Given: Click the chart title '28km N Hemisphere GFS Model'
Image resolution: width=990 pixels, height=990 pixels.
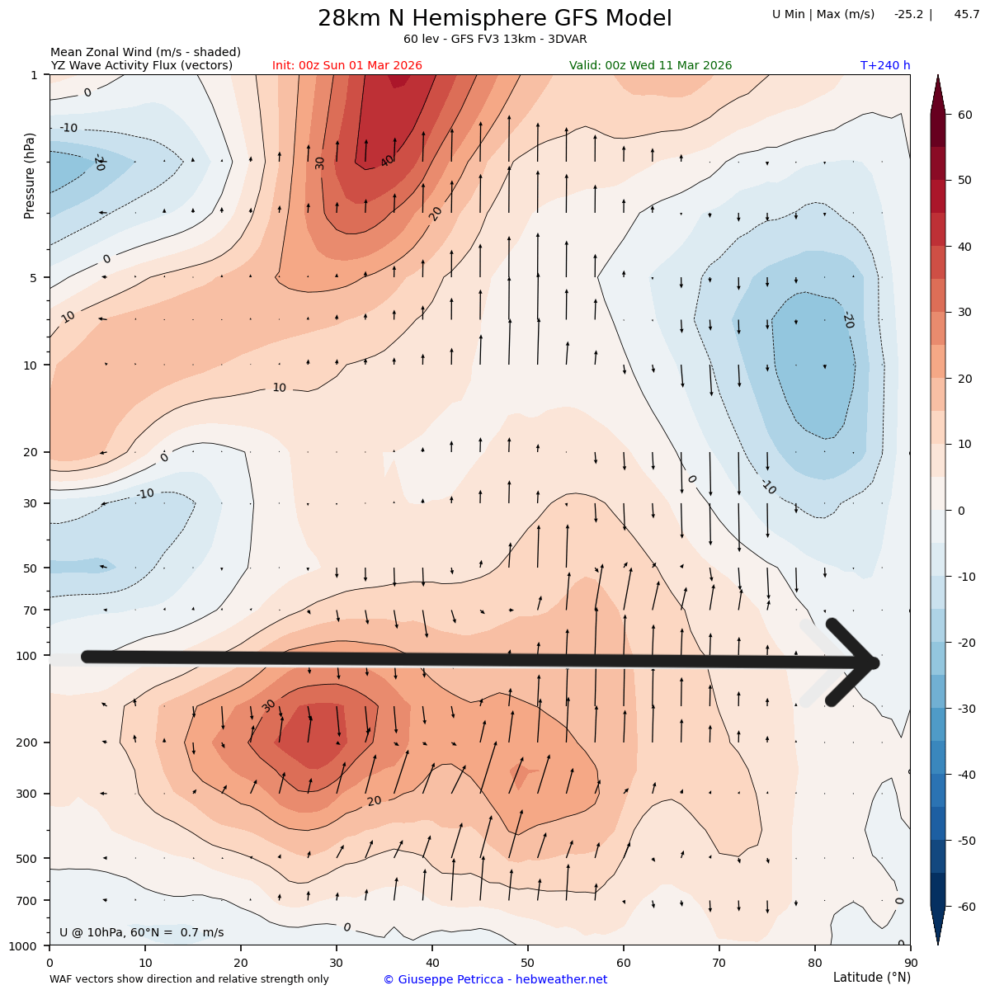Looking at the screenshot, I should [495, 19].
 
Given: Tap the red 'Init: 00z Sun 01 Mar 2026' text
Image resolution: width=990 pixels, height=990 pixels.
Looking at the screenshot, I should [347, 66].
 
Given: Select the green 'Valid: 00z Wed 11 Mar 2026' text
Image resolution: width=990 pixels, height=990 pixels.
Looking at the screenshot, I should [650, 66].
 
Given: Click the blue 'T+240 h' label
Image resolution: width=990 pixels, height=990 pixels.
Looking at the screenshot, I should [884, 66].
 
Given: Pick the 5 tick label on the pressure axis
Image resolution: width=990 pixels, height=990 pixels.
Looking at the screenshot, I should [34, 278].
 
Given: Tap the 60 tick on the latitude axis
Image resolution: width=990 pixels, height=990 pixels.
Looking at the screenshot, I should [623, 962].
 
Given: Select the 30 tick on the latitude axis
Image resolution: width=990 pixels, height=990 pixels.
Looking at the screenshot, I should [337, 962].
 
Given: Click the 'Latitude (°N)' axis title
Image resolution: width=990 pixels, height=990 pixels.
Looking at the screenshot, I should [871, 978].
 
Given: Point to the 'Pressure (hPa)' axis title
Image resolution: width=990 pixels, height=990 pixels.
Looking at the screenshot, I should [30, 175].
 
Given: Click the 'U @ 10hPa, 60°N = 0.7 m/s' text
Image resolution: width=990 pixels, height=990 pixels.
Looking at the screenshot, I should [141, 933].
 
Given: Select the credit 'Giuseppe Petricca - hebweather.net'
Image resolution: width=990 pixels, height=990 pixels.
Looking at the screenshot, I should [495, 979].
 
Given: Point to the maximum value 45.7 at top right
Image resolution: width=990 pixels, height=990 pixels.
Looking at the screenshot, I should [966, 14].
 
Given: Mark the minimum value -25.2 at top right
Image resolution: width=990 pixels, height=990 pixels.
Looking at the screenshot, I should [908, 14].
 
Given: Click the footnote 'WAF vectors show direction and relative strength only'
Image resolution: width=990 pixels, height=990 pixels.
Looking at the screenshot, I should [189, 979].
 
